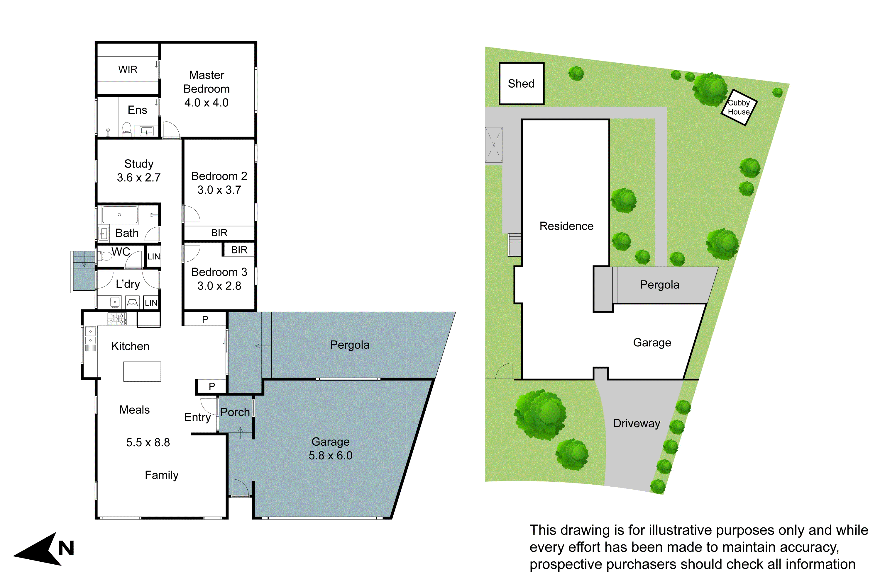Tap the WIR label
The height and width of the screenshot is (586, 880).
(x=128, y=69)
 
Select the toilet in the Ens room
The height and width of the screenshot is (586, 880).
(x=127, y=129)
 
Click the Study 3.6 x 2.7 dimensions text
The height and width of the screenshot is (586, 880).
(x=138, y=178)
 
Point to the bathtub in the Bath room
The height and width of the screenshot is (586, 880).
(x=120, y=215)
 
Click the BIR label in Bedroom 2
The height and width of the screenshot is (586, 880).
(x=219, y=233)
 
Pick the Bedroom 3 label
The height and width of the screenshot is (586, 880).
(x=219, y=272)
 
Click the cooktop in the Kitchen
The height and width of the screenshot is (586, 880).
(x=117, y=319)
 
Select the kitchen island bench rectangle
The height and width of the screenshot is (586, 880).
(x=142, y=372)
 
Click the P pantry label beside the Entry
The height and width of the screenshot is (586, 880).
(x=212, y=386)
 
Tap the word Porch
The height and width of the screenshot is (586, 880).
(x=235, y=412)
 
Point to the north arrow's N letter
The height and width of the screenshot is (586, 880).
(x=66, y=548)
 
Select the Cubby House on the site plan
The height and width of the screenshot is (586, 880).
(x=739, y=107)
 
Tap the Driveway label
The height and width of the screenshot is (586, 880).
(x=637, y=423)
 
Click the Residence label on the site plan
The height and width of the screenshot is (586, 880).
(x=566, y=226)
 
